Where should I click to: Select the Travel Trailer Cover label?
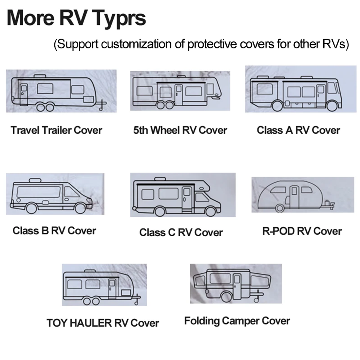[x=56, y=130]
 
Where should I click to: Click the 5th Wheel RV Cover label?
[x=180, y=130]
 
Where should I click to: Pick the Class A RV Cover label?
[x=298, y=130]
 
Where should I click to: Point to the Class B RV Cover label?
[x=54, y=230]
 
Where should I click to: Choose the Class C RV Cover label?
[x=181, y=232]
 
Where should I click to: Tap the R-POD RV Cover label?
[x=302, y=231]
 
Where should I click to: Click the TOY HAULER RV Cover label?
[x=103, y=323]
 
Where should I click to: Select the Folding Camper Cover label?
[x=237, y=321]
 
